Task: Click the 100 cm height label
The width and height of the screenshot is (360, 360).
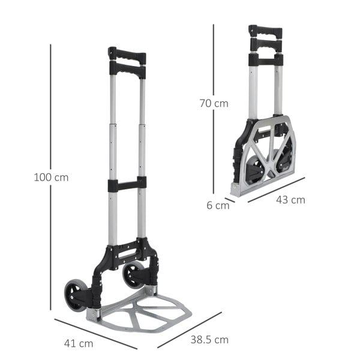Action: (x=52, y=178)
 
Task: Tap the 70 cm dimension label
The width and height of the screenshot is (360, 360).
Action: (x=214, y=103)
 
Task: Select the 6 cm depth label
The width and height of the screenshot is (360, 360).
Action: (x=218, y=205)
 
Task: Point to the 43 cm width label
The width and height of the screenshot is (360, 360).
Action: (x=290, y=200)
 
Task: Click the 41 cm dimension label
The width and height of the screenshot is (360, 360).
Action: (x=79, y=344)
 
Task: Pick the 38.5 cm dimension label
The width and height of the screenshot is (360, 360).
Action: (x=209, y=340)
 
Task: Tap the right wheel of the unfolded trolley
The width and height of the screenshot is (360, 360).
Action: (x=133, y=275)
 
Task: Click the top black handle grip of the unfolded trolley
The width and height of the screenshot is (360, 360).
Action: (x=127, y=56)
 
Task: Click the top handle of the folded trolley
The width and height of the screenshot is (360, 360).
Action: (x=265, y=31)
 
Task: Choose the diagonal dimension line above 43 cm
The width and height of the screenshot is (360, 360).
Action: (x=276, y=190)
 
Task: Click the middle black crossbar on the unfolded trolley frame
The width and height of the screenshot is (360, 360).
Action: (x=127, y=185)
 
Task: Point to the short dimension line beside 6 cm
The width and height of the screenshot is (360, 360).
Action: (x=230, y=200)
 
